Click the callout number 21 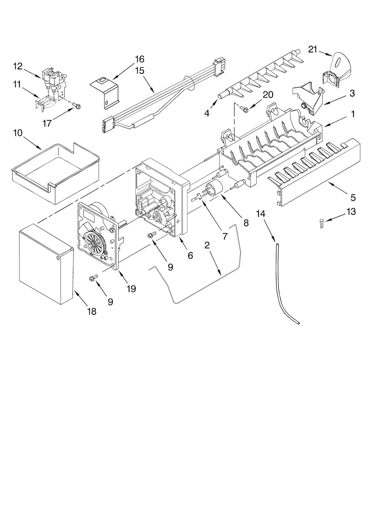coord(313,49)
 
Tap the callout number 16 coord(140,59)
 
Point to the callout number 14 coord(261,214)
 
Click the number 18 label coord(92,311)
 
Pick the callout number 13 coord(351,212)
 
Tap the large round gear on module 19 coord(95,243)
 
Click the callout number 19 coord(131,289)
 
